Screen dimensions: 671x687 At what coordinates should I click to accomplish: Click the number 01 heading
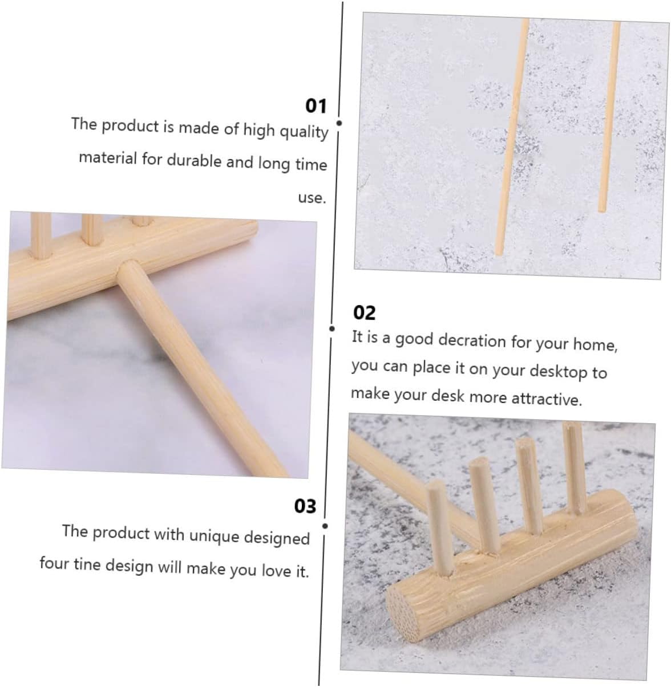click(316, 106)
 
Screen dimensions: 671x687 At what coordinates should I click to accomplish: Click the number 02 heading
click(364, 313)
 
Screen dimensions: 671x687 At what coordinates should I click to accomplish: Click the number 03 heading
click(305, 506)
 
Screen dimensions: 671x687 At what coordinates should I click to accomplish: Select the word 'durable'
click(193, 161)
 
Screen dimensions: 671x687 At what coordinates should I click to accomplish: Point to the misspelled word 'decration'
click(472, 341)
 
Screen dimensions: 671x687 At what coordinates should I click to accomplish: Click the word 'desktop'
click(559, 372)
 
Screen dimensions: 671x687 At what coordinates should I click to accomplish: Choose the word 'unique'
click(215, 536)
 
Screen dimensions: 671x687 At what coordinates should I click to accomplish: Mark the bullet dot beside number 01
click(339, 123)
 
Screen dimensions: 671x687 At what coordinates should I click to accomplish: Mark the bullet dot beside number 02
click(332, 328)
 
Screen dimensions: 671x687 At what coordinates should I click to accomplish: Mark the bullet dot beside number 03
click(325, 526)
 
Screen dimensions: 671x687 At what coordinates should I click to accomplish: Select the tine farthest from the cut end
click(575, 468)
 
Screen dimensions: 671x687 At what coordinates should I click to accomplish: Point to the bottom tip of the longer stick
click(499, 253)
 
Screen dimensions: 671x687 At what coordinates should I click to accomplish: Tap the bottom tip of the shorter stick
click(602, 210)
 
